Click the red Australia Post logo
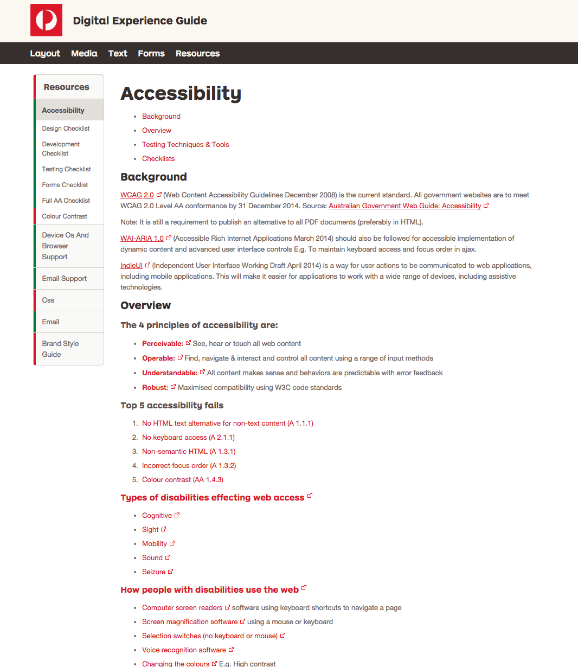point(46,20)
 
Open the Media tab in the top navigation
point(84,53)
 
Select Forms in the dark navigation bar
point(151,53)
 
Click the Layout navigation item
point(45,53)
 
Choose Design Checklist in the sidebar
point(66,129)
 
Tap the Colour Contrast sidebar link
point(65,216)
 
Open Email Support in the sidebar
point(64,278)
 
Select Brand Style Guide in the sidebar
point(60,349)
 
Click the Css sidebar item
point(48,300)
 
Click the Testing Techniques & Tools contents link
point(185,144)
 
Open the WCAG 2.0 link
point(137,195)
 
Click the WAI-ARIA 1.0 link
point(142,238)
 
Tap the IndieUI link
point(131,265)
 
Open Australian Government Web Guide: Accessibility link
point(404,206)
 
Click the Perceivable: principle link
point(163,343)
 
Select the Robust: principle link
point(155,387)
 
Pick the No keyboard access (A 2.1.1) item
point(188,437)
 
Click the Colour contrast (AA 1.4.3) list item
point(183,479)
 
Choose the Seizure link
point(154,572)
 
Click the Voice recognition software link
point(184,650)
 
